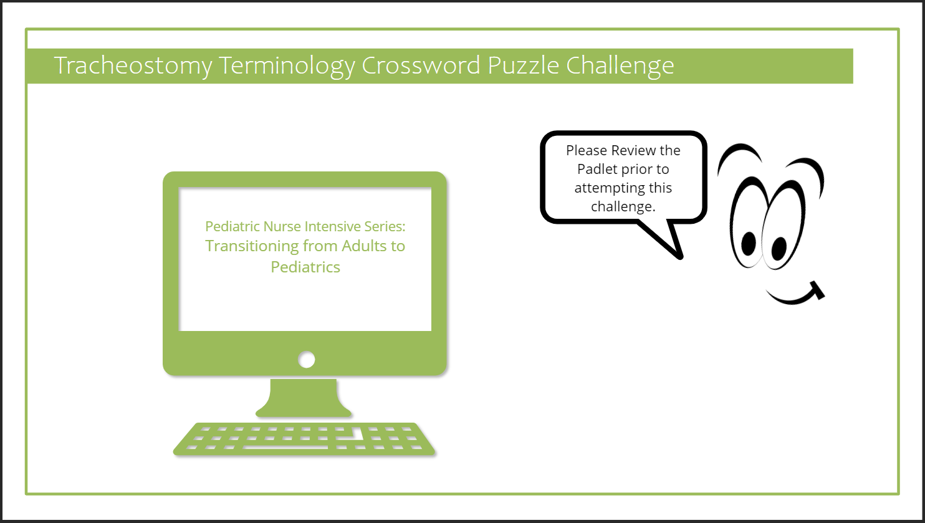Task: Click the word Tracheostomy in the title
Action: click(x=133, y=66)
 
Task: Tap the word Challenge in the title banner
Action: click(x=620, y=66)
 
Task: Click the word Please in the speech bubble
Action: click(x=586, y=150)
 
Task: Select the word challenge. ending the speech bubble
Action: click(x=623, y=206)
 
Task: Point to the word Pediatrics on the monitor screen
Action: click(x=305, y=267)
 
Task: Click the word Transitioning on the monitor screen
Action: click(x=252, y=246)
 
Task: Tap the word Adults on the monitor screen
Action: click(x=362, y=246)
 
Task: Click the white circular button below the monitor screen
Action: click(x=306, y=360)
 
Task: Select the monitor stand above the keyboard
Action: click(x=305, y=399)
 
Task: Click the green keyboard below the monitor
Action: click(x=304, y=439)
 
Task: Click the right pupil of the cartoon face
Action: click(x=779, y=248)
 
